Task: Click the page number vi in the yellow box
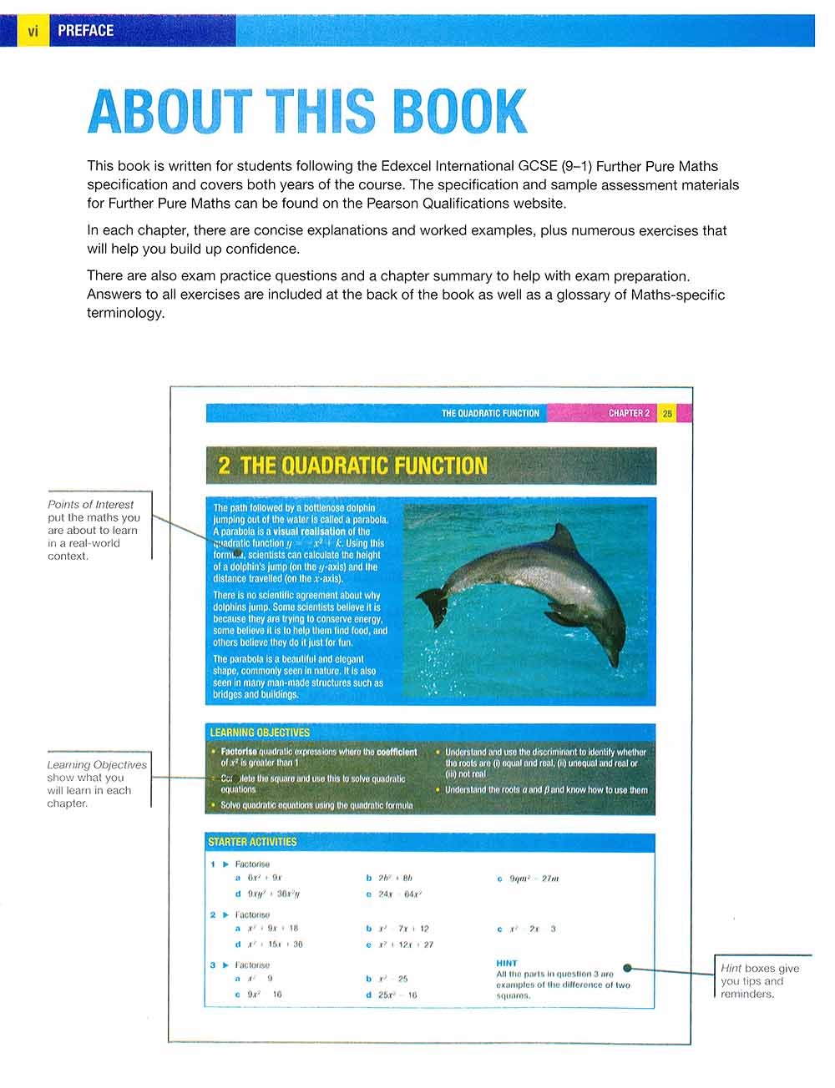click(33, 31)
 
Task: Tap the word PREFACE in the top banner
click(85, 31)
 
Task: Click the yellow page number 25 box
click(667, 413)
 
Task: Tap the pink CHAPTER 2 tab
click(628, 413)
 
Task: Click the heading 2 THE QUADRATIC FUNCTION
click(352, 466)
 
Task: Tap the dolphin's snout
click(619, 663)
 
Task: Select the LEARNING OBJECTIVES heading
click(260, 733)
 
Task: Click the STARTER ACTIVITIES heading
click(252, 842)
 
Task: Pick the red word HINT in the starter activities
click(507, 963)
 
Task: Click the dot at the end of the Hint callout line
click(628, 969)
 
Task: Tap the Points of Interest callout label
click(90, 505)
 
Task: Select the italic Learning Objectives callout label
click(96, 765)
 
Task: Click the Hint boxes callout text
click(760, 981)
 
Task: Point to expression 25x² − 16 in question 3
click(397, 995)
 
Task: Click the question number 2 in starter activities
click(213, 915)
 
